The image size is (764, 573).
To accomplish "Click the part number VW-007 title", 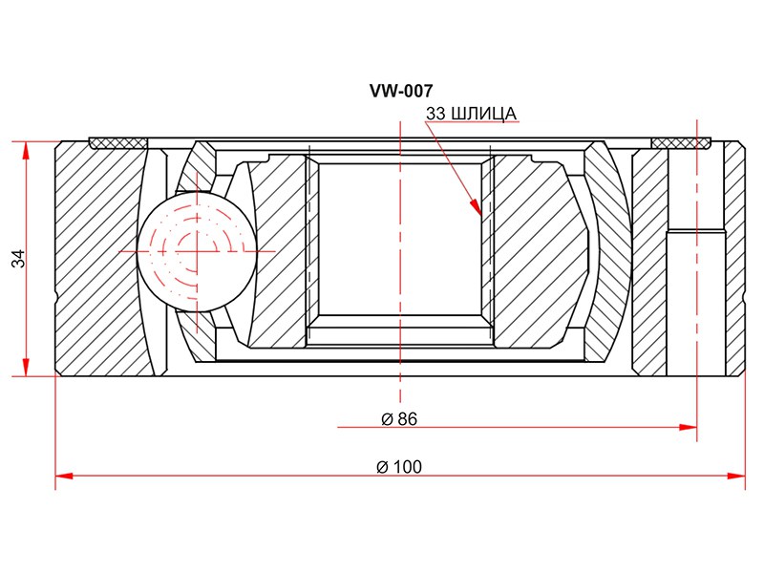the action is tap(401, 91).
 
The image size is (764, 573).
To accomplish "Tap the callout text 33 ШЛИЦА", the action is tap(471, 114).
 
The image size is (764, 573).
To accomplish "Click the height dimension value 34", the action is tap(18, 258).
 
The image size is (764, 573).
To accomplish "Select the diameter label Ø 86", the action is tap(399, 418).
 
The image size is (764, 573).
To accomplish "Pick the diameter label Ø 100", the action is tap(399, 467).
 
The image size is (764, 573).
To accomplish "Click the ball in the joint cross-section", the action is tap(197, 251).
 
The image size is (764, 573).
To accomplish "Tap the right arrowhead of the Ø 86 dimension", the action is tap(688, 427).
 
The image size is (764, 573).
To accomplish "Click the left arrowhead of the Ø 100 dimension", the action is tap(65, 476).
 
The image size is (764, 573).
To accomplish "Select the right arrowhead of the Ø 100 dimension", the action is tap(735, 476).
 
